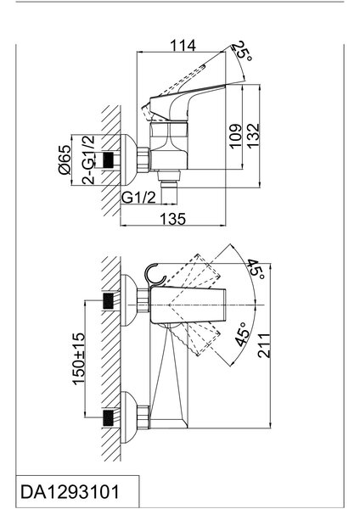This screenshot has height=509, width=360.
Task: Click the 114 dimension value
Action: click(183, 46)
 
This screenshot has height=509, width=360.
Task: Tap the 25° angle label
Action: click(244, 51)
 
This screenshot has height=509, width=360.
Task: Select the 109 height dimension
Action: click(236, 136)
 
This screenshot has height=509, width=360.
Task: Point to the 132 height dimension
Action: click(253, 136)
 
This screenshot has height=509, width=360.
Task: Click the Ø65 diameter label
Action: click(65, 159)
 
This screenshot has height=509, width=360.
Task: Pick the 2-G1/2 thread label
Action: click(88, 159)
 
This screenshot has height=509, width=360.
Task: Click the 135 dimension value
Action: click(173, 219)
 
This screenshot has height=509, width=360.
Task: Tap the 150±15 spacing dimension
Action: click(79, 359)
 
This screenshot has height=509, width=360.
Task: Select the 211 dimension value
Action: click(264, 345)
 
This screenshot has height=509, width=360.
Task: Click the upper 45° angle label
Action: click(256, 269)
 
